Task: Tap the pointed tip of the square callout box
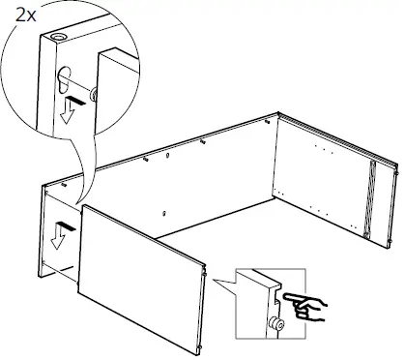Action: [214, 284]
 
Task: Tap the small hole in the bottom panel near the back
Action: [166, 210]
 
